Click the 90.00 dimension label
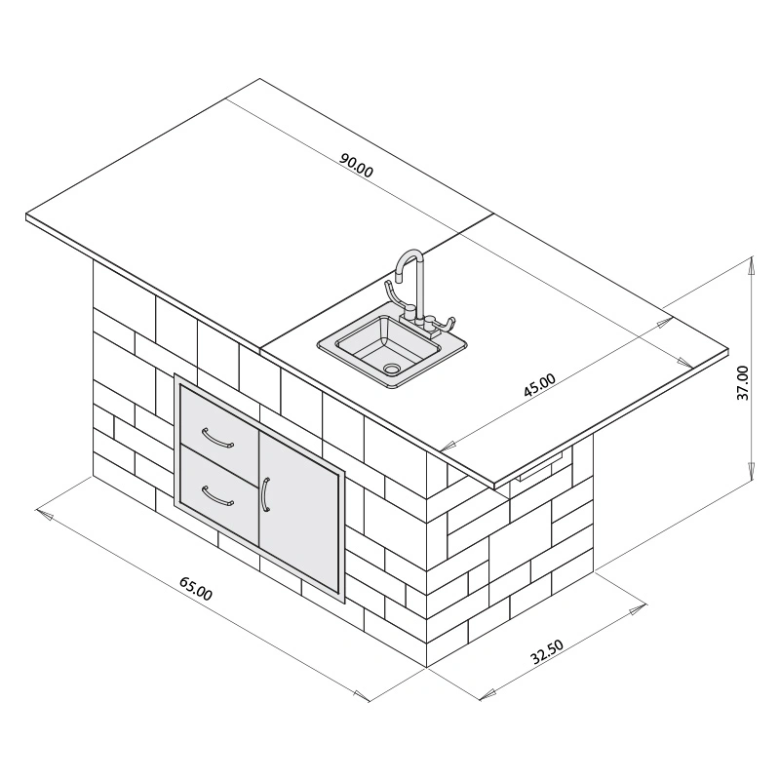point(357,166)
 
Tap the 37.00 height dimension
point(743,383)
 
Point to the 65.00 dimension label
point(195,589)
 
